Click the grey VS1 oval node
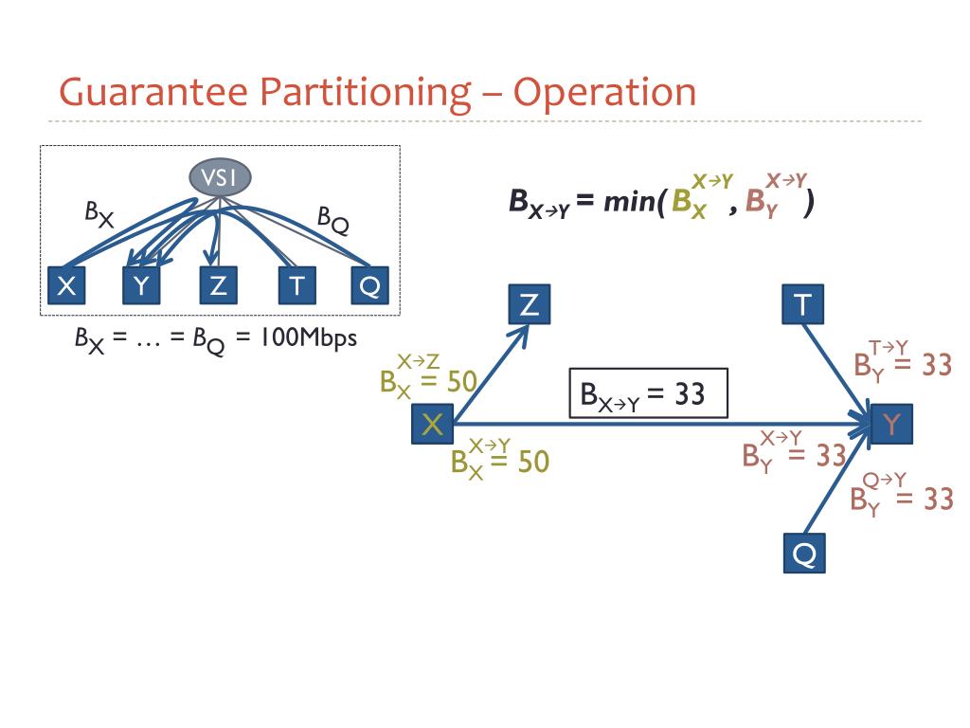click(x=220, y=178)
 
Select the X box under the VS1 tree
click(x=66, y=284)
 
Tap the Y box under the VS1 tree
click(x=142, y=284)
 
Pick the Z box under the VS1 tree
click(x=218, y=284)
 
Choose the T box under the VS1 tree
click(x=296, y=284)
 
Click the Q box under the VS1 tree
click(x=369, y=284)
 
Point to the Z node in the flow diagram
click(x=530, y=304)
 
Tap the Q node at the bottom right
click(x=803, y=553)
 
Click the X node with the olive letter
click(x=432, y=425)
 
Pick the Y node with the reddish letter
click(x=890, y=425)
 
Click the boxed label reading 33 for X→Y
click(x=648, y=394)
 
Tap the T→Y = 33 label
click(x=901, y=361)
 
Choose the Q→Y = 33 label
click(x=901, y=495)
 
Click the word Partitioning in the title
click(x=366, y=93)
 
